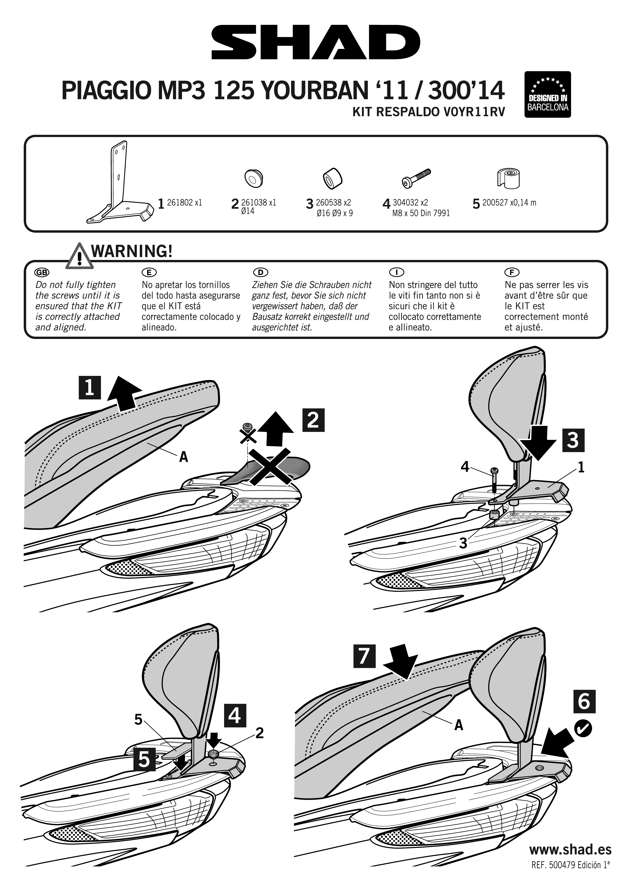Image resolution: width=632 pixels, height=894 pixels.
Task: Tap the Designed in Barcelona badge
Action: pyautogui.click(x=548, y=95)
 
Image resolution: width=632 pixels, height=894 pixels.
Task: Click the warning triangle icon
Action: pyautogui.click(x=80, y=256)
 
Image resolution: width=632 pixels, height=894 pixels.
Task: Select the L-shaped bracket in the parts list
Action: pyautogui.click(x=119, y=184)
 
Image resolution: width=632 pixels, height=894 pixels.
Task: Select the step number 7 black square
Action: pyautogui.click(x=364, y=656)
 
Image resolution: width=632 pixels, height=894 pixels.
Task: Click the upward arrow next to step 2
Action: pyautogui.click(x=276, y=429)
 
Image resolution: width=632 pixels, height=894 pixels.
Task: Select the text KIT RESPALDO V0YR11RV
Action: pyautogui.click(x=428, y=112)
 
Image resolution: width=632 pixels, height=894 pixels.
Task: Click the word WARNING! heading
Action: pyautogui.click(x=131, y=251)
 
